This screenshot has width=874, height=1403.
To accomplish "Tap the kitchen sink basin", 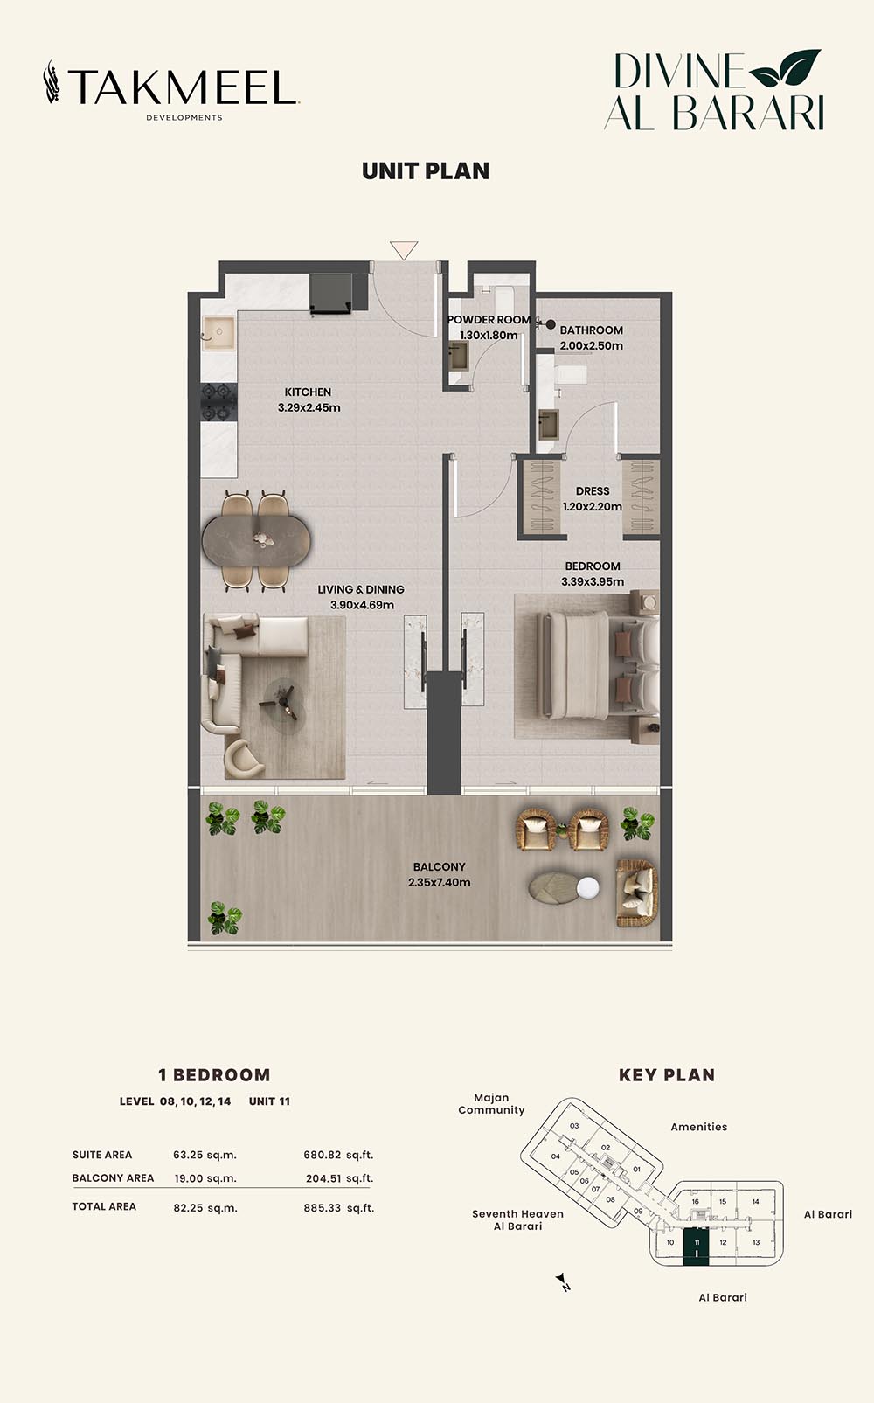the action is [x=218, y=333].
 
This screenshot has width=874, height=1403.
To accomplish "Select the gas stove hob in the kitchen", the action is [x=218, y=402].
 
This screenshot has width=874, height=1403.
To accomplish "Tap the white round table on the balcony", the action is [x=587, y=887].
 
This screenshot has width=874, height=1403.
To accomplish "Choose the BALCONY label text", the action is [x=439, y=867].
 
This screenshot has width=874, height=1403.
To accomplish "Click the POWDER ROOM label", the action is [x=489, y=319].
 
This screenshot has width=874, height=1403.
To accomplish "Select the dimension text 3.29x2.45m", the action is [x=309, y=407].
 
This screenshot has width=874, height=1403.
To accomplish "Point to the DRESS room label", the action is [x=593, y=491].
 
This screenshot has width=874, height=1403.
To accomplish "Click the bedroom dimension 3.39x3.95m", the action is [x=593, y=582].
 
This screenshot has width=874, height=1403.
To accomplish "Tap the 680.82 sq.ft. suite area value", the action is [x=338, y=1155].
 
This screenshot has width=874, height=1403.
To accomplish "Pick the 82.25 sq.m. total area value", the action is [x=205, y=1207].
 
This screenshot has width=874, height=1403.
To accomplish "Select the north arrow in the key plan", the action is [x=564, y=1281].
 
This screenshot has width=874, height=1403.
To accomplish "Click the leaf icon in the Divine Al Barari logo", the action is [x=785, y=67].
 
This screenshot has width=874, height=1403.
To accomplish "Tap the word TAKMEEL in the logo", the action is [x=182, y=87].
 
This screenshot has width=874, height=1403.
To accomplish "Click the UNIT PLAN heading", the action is [x=426, y=171].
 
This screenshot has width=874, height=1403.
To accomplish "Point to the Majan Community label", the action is [x=491, y=1104].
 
